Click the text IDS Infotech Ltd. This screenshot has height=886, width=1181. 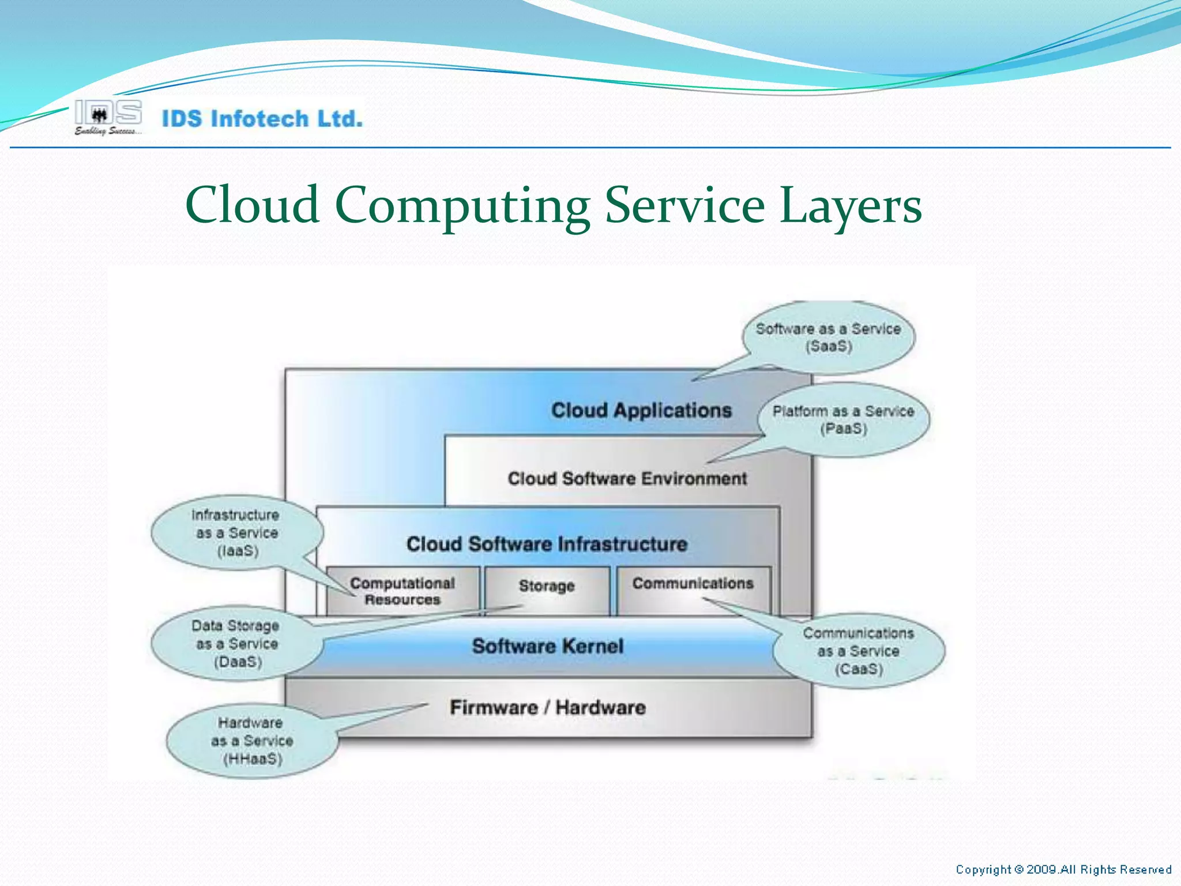[x=262, y=119]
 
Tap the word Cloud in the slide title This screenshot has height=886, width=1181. [x=253, y=205]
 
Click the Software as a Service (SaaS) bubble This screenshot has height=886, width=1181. [x=828, y=337]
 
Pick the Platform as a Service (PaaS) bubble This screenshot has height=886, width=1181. [x=843, y=420]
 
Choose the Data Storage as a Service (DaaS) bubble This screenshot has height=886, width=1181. [x=237, y=644]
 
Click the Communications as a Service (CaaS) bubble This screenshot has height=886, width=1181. [x=859, y=651]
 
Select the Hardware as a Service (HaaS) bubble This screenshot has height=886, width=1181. [x=252, y=741]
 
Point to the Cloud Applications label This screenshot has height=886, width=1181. [x=641, y=410]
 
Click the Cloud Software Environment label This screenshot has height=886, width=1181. [x=627, y=479]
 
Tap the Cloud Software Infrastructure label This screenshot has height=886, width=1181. [x=547, y=544]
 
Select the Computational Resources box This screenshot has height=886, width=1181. [x=403, y=591]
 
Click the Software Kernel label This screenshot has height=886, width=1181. [x=547, y=646]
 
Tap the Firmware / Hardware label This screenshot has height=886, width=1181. [x=547, y=707]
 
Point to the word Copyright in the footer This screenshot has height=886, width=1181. [x=983, y=869]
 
